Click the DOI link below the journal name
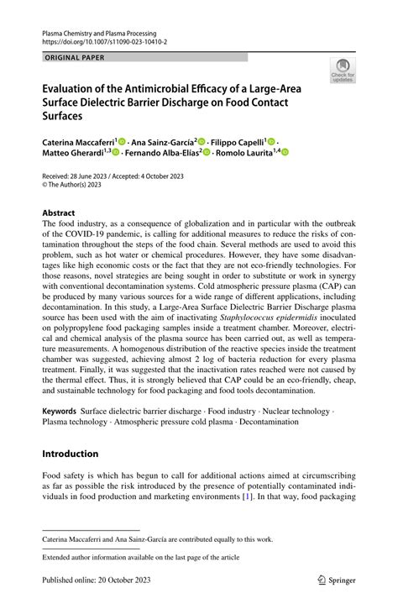(105, 40)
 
